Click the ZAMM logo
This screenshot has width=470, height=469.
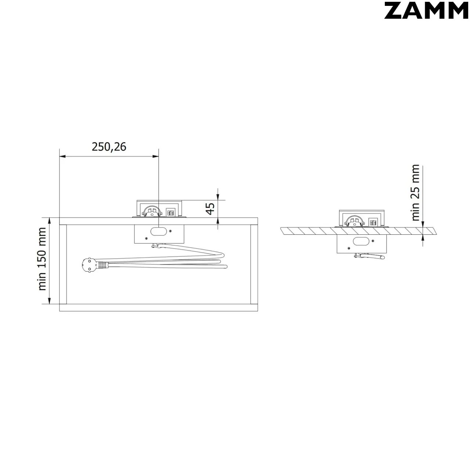(x=426, y=10)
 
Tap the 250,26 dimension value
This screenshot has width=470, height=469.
(x=109, y=147)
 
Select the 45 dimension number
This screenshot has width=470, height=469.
(x=210, y=209)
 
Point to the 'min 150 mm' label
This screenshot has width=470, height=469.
(x=42, y=259)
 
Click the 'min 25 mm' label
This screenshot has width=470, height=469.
(x=415, y=193)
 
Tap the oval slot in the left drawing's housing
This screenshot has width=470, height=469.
(x=159, y=231)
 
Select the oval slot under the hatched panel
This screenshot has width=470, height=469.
(x=361, y=241)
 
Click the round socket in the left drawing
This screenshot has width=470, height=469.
(x=152, y=211)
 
